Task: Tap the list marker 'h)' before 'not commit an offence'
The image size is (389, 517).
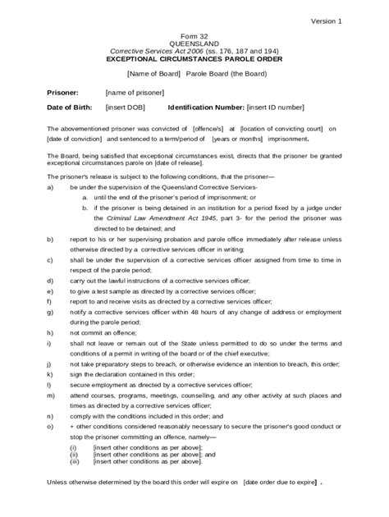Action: point(51,333)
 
